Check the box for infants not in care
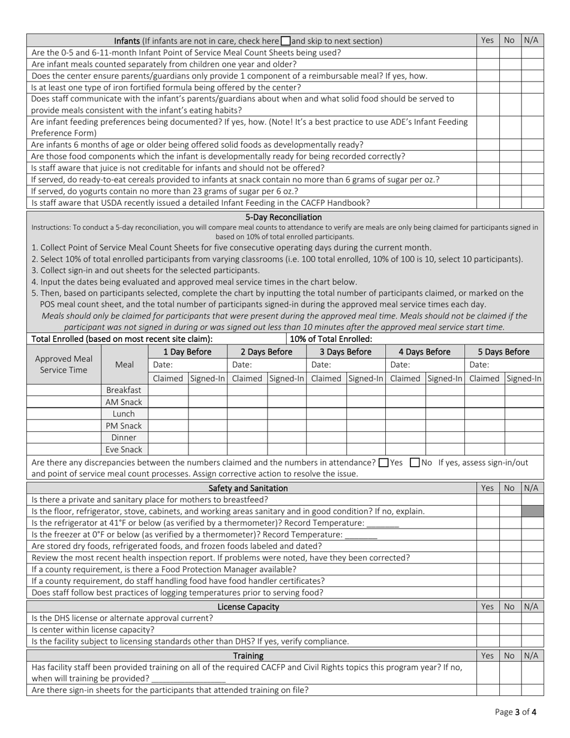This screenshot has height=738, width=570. click(286, 41)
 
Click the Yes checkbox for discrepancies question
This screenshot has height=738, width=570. click(384, 463)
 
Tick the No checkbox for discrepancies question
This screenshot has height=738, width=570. click(415, 463)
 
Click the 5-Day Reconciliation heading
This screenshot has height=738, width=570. click(283, 217)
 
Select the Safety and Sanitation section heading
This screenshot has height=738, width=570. click(248, 488)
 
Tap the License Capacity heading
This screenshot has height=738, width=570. click(248, 607)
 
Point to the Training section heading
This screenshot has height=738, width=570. click(248, 656)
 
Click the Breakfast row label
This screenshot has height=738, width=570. click(124, 390)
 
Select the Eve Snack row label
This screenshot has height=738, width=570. click(124, 449)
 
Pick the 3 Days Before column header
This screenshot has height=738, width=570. click(345, 352)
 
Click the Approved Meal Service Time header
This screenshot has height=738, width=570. click(64, 364)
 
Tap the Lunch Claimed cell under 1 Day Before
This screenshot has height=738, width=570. click(167, 414)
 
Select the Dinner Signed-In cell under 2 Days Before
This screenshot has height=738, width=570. click(286, 437)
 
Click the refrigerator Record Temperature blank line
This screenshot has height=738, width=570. click(383, 523)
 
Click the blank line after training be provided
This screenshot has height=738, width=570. click(188, 679)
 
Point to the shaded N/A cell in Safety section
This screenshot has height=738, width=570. click(532, 511)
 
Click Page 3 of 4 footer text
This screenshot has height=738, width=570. click(516, 712)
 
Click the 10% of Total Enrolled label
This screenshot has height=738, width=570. click(331, 338)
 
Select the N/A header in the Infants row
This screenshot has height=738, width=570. click(532, 40)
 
